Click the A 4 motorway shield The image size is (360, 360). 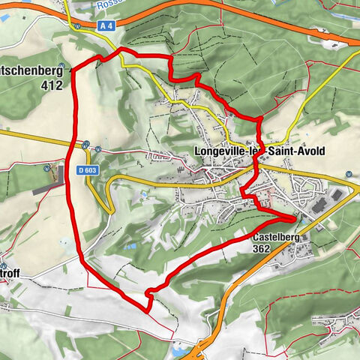point(106,24)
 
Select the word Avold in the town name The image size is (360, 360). point(310,151)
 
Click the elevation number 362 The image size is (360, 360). point(262,248)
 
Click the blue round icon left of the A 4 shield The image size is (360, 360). point(77,24)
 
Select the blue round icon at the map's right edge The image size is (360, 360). point(349,175)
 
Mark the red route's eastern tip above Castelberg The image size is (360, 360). point(294,218)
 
